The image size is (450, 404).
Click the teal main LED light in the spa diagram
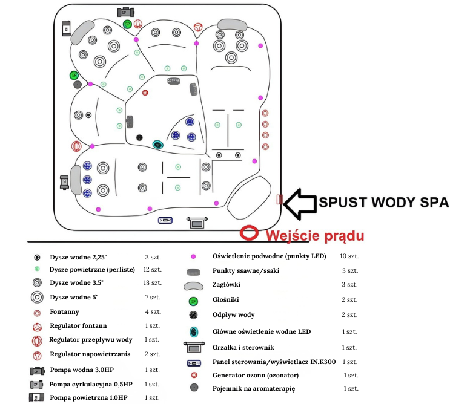pos(157,145)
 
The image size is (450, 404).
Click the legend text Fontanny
pos(64,312)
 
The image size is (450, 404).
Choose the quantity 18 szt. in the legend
pos(152,283)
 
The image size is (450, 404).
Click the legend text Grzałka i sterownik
pos(243,347)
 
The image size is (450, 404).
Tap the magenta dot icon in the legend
pos(193,256)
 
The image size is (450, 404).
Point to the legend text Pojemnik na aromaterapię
pos(253,389)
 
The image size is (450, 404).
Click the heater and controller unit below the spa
pos(197,223)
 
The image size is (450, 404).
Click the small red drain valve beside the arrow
pos(279,199)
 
